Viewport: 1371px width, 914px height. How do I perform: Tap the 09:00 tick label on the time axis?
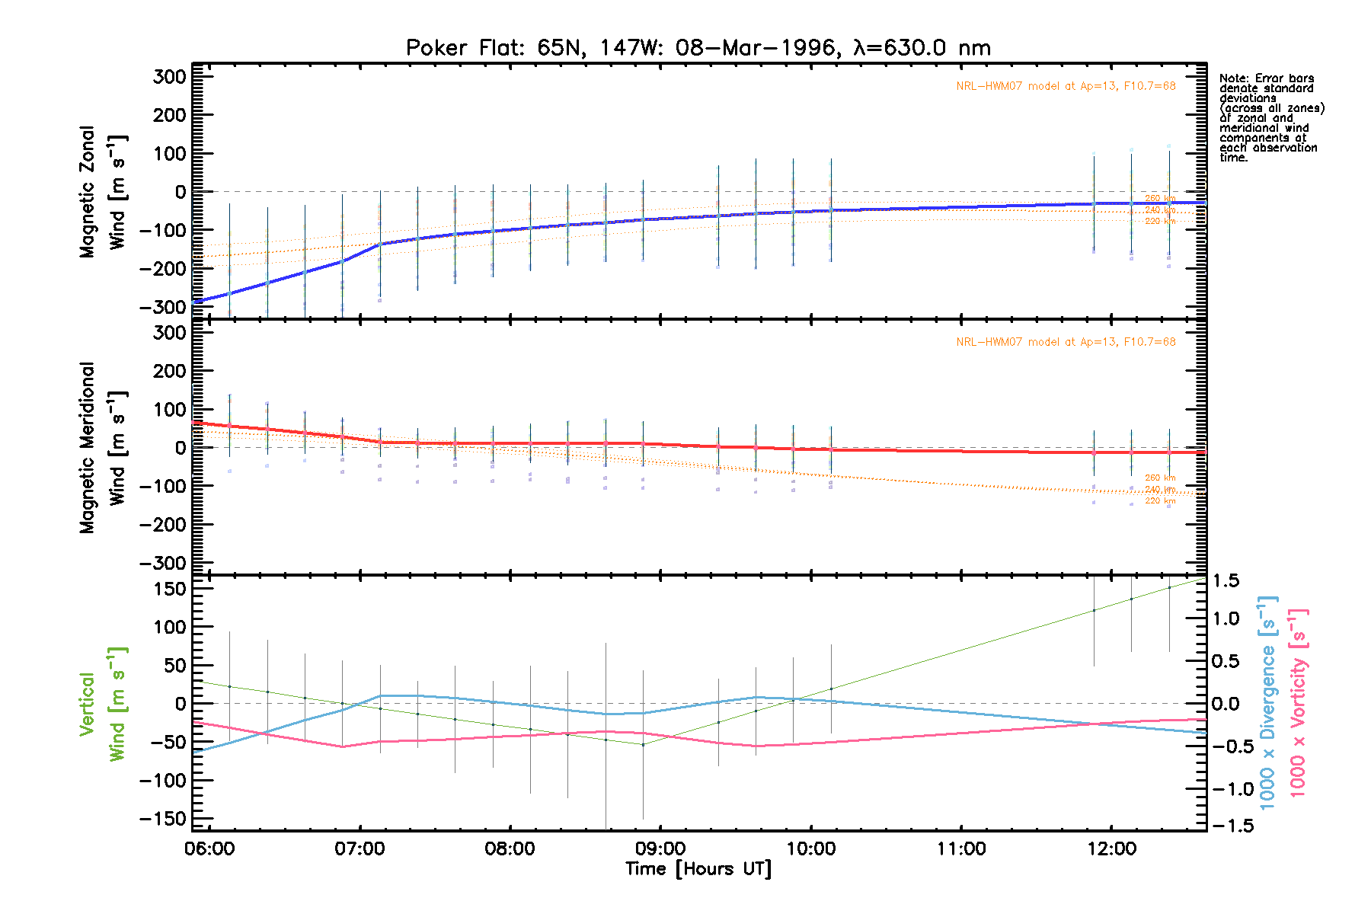click(x=660, y=848)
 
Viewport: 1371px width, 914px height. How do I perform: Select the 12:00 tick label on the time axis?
click(x=1111, y=848)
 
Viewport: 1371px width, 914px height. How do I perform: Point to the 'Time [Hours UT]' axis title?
click(x=698, y=869)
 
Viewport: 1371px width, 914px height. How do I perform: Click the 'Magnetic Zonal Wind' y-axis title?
click(x=102, y=192)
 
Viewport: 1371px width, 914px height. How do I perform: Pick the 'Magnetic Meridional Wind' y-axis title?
click(x=102, y=448)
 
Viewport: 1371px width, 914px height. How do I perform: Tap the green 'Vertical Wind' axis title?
click(x=102, y=704)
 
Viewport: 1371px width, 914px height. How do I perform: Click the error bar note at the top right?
click(x=1270, y=118)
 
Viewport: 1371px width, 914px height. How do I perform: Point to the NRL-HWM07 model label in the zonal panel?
click(x=1066, y=86)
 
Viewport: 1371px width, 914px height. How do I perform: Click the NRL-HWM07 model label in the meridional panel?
click(x=1066, y=342)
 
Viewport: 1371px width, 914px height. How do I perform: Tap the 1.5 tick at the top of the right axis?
click(x=1226, y=581)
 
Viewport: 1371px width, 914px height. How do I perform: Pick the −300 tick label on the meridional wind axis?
click(x=163, y=563)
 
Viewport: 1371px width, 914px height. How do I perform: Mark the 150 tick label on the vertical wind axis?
click(x=169, y=589)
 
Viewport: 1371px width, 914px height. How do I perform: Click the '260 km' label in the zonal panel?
click(x=1160, y=199)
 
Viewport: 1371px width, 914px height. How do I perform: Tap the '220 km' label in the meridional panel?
click(x=1160, y=500)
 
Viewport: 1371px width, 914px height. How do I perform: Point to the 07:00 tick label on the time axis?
click(x=360, y=848)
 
